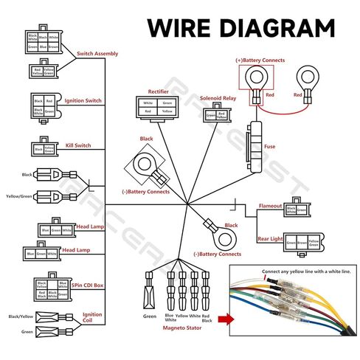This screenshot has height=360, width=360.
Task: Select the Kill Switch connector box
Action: (43, 149)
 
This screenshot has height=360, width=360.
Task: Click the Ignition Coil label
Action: (91, 318)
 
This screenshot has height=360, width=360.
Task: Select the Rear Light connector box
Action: (302, 240)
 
